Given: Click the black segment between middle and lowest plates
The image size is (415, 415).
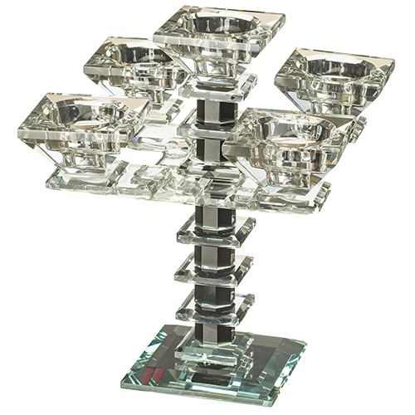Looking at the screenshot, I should pyautogui.click(x=213, y=287).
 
